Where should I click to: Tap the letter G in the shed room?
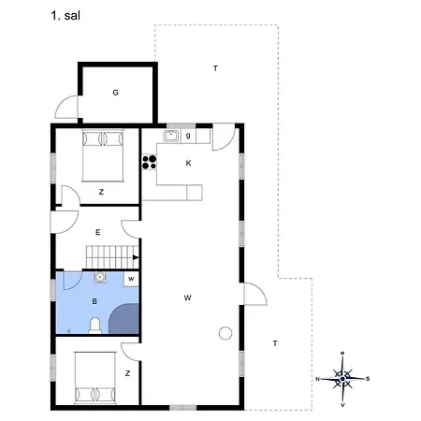[115, 92]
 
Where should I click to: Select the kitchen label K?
[188, 164]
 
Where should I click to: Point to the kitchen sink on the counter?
[170, 137]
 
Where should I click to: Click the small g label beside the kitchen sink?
[188, 137]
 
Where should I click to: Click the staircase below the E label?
[110, 254]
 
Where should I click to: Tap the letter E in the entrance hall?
[97, 231]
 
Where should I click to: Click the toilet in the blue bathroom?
[94, 325]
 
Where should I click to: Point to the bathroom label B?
[94, 302]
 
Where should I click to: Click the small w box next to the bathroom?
[131, 279]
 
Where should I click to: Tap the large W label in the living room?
[188, 298]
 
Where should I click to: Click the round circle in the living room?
[224, 333]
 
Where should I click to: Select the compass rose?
[343, 378]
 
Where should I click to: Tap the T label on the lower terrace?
[274, 343]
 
